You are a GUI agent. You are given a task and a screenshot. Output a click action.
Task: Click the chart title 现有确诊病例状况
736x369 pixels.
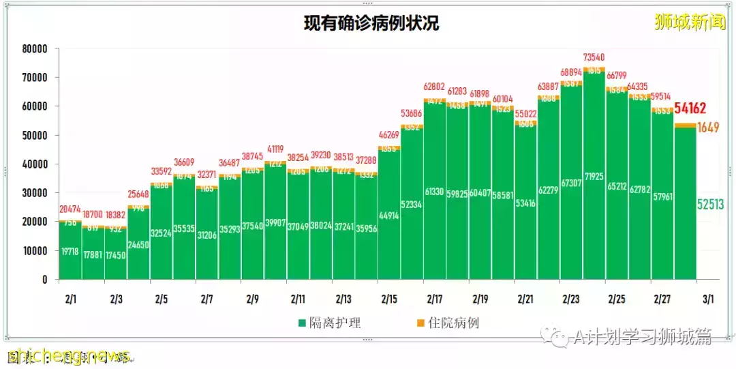click(x=371, y=23)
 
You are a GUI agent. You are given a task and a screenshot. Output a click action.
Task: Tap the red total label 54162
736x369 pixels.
click(x=690, y=108)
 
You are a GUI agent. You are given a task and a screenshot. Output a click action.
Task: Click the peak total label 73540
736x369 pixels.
click(x=594, y=57)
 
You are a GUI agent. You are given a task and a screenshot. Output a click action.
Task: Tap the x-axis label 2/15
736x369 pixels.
click(x=388, y=299)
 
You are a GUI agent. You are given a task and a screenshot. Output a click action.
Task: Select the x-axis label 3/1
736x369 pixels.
click(x=708, y=299)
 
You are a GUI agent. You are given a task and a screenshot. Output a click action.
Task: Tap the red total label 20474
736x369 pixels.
click(x=70, y=208)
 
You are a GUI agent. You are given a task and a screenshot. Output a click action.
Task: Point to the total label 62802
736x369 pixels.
click(x=434, y=87)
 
